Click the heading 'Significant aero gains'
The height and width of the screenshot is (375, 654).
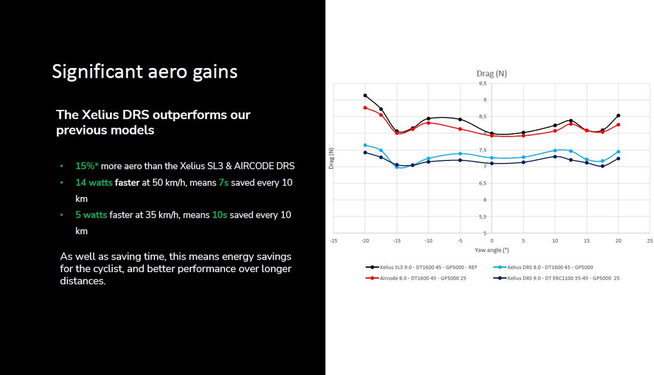pos(144,71)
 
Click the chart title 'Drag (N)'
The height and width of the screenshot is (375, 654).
pos(492,74)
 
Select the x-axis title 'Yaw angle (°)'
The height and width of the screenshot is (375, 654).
pos(492,251)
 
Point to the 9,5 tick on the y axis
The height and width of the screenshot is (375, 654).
pos(482,84)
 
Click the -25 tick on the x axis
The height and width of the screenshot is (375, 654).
pos(334,240)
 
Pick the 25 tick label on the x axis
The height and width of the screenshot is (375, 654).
pos(650,240)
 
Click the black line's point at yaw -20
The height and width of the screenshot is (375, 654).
pos(365,95)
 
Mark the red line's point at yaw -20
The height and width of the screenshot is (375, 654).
pos(365,108)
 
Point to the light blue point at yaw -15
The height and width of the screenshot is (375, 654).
pos(397,167)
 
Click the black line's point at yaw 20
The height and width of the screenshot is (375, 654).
pos(618,115)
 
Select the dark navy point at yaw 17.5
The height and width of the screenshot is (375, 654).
pos(602,166)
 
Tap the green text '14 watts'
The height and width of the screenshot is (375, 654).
pos(94,183)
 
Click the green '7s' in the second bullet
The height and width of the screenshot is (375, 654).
pos(223,183)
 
